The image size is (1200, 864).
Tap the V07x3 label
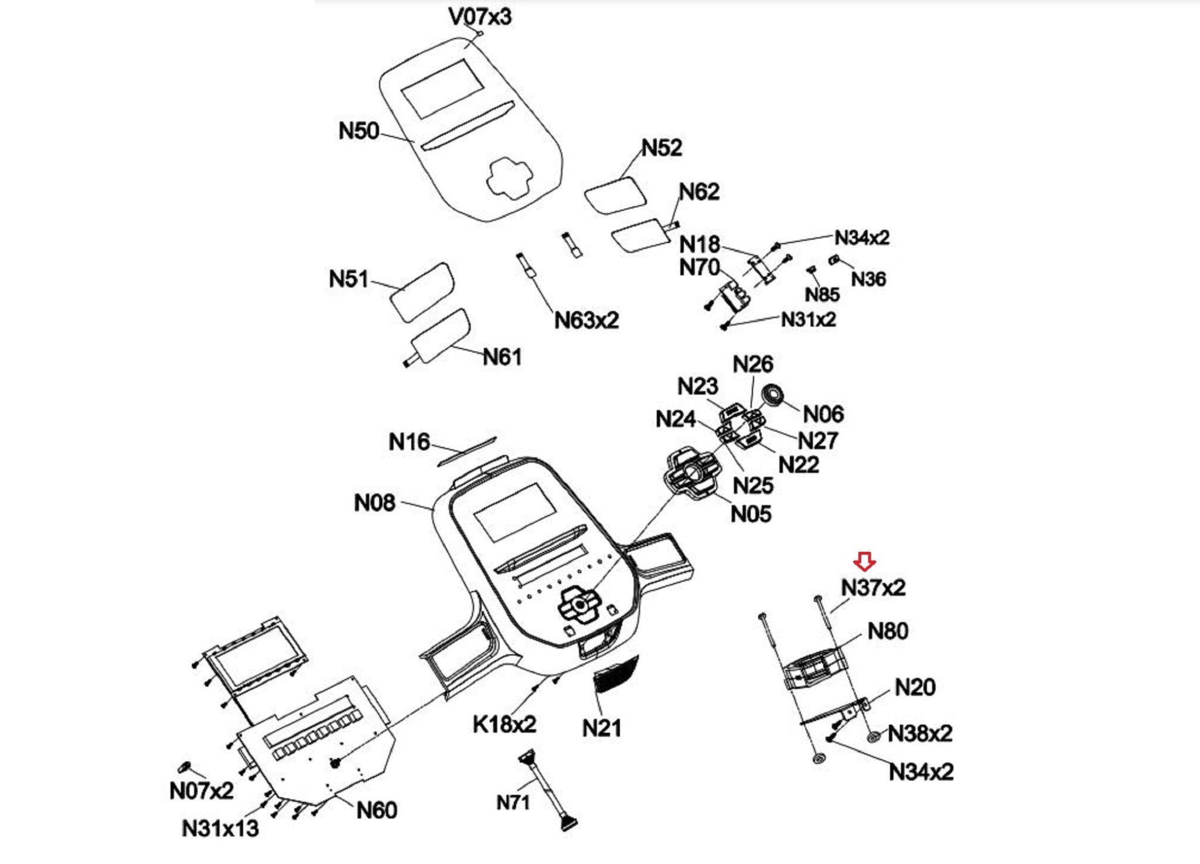480,16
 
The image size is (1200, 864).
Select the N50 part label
359,131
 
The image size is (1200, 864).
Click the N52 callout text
662,148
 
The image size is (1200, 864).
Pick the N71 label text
513,802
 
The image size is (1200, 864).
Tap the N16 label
409,442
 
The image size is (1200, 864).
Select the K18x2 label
504,725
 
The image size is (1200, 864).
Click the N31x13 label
220,828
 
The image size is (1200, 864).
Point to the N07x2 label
201,791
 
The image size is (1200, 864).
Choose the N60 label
377,810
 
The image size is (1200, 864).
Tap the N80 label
888,631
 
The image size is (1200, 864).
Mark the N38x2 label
920,733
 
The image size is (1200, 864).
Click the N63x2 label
587,320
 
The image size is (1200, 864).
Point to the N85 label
822,295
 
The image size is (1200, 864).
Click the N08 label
374,503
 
